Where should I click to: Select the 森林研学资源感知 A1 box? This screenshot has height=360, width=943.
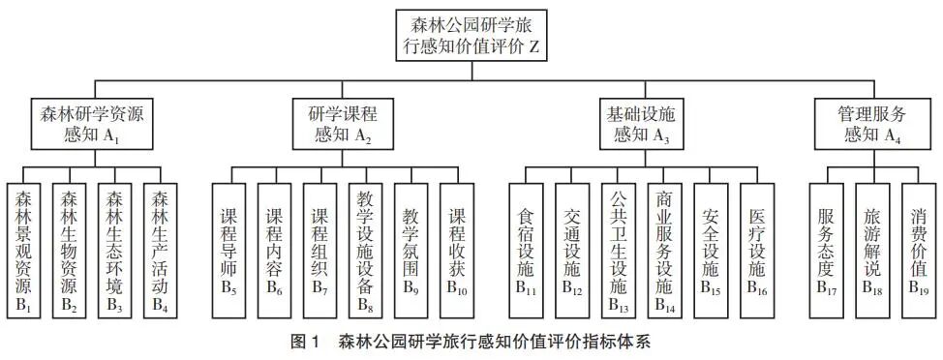point(80,124)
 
